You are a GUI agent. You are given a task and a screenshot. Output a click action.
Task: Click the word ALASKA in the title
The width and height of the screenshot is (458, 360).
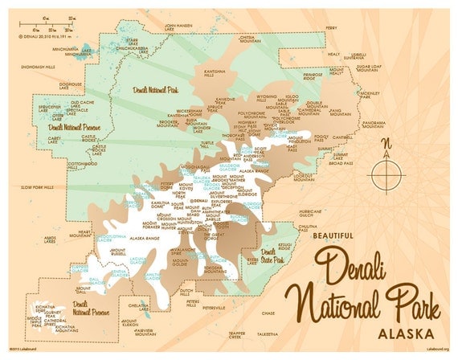[401, 333]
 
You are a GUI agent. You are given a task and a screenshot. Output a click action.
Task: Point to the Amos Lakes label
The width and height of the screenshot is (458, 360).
[51, 240]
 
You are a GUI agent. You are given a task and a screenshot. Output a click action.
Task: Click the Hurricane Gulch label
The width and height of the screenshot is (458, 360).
[309, 213]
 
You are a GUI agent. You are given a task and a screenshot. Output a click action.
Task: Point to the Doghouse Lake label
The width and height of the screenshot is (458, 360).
[71, 84]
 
